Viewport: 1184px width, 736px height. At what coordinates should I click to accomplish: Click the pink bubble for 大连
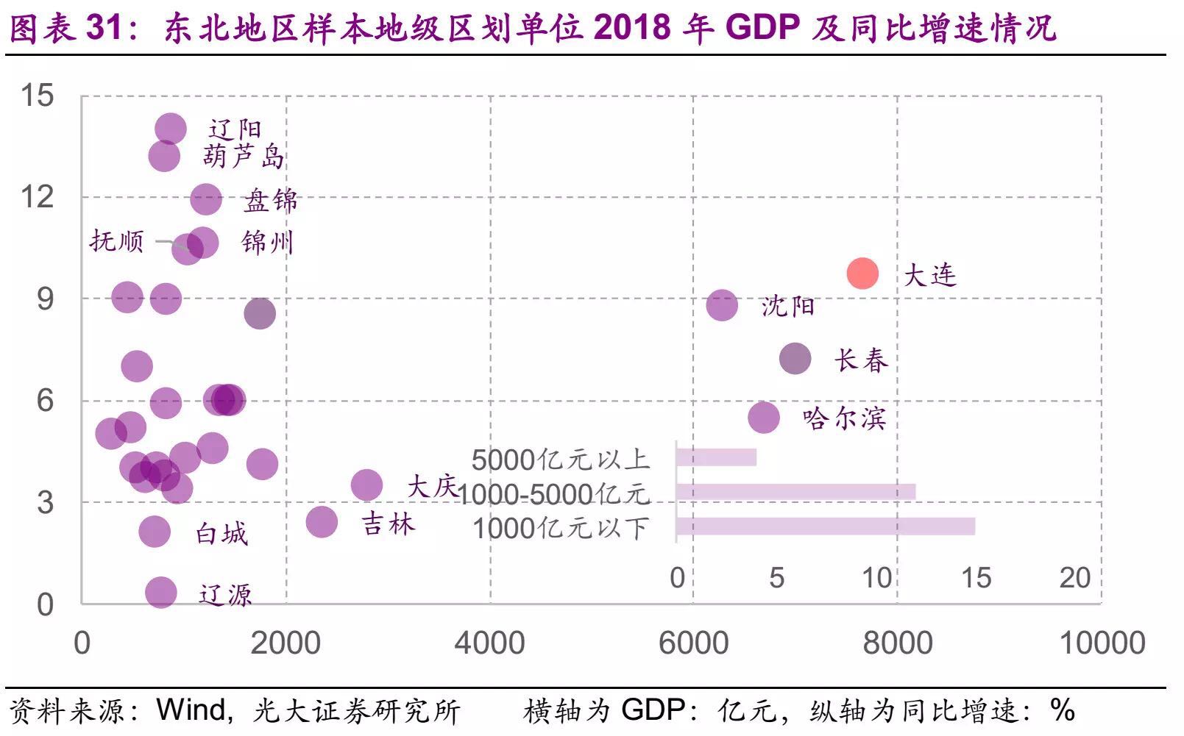(862, 274)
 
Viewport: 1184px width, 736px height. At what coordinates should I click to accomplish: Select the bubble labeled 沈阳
(722, 305)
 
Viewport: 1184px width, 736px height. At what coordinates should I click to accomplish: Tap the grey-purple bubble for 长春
(795, 359)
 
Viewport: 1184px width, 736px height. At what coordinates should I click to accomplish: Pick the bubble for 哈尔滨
(764, 418)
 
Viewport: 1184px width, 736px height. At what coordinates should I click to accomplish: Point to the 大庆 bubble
(366, 485)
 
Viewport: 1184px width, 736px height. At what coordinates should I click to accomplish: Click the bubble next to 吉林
(322, 522)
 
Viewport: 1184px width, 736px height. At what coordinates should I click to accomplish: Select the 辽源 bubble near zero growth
(161, 592)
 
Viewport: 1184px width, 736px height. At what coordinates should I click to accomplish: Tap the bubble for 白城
(155, 531)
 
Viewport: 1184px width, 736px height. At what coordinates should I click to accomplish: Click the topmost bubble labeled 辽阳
(171, 129)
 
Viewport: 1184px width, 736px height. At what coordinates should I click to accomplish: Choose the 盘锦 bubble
(206, 199)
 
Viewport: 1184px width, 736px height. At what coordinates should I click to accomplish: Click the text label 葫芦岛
(243, 157)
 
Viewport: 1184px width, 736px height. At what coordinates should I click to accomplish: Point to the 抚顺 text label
(117, 241)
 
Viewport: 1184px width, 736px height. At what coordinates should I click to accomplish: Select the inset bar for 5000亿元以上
(716, 457)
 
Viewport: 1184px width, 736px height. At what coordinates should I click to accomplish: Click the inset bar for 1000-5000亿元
(795, 492)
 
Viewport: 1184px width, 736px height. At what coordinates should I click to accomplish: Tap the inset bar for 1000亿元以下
(825, 526)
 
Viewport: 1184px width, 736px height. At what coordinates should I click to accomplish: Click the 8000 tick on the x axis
(897, 643)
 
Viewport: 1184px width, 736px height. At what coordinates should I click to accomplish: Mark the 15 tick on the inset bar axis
(976, 578)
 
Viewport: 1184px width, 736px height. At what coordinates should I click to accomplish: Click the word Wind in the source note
(191, 710)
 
